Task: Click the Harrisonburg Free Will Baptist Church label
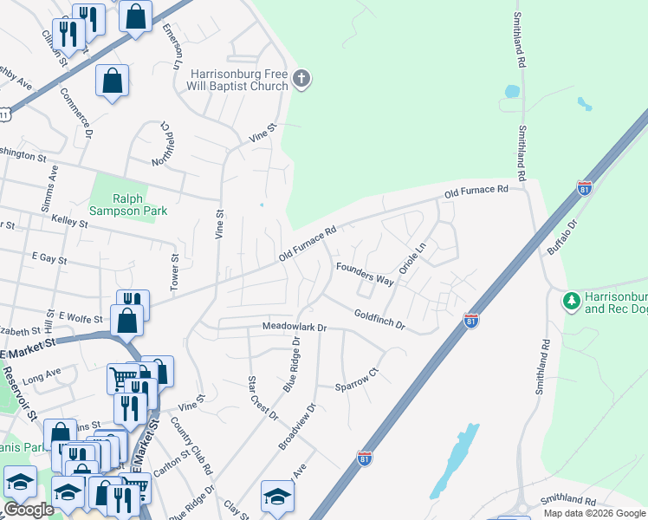coord(238,80)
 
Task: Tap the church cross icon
coord(301,80)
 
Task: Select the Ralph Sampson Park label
coord(127,204)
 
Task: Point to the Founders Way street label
coord(365,274)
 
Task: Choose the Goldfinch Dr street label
coord(379,318)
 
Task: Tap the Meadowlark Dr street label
coord(295,328)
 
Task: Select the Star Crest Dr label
coord(261,398)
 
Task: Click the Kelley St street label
coord(69,223)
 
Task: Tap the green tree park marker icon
coord(571,302)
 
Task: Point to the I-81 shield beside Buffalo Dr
coord(585,188)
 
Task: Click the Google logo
coord(29,510)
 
